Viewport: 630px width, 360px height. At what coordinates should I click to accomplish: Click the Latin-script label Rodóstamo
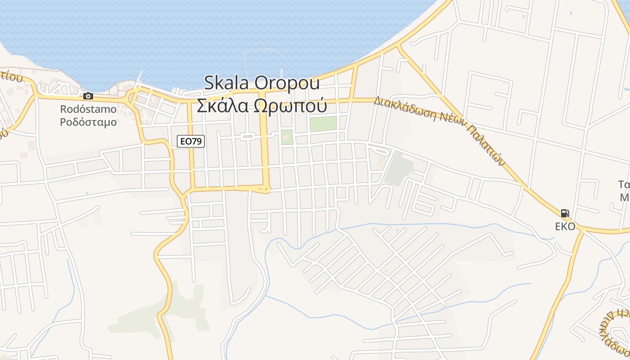88,109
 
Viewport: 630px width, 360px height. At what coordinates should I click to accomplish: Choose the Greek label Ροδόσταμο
88,122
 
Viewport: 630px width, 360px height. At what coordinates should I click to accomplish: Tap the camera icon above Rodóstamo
88,96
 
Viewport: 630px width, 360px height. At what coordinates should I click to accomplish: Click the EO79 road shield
191,141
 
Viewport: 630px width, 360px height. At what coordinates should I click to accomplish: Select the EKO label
565,226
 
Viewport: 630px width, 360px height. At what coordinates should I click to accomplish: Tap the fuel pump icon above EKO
565,213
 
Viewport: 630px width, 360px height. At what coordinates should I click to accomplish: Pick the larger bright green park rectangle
323,124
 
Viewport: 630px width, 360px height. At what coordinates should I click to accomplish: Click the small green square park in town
287,137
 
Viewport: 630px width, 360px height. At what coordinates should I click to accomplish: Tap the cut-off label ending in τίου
11,76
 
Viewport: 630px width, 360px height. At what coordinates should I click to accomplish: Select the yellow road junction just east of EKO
581,230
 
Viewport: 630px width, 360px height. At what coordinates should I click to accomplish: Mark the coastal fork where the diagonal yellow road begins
398,46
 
